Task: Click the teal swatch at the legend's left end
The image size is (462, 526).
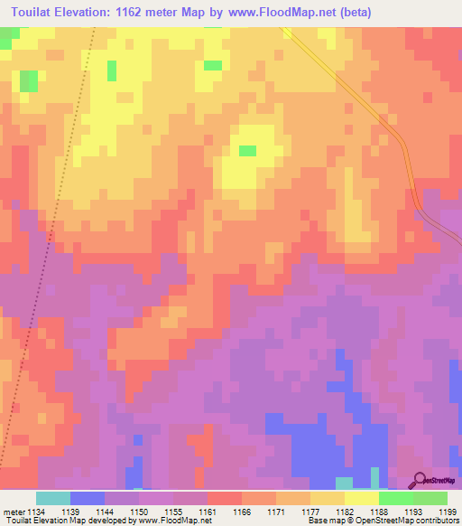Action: coord(52,498)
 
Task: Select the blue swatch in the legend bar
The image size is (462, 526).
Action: coord(88,498)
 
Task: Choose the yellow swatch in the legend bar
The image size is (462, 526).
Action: coord(361,498)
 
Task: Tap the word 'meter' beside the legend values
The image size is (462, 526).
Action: coord(13,512)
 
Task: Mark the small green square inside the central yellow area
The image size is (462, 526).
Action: coord(247,150)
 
